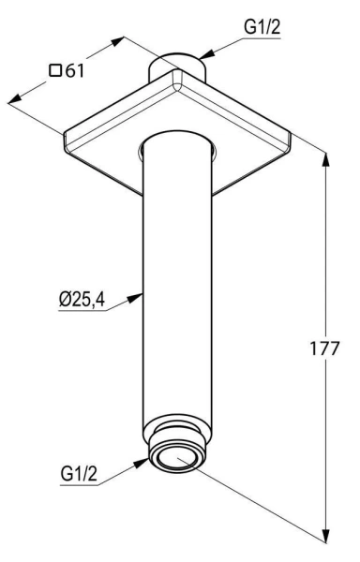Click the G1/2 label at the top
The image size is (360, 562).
point(262,29)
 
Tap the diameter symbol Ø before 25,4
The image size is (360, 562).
point(65,302)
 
